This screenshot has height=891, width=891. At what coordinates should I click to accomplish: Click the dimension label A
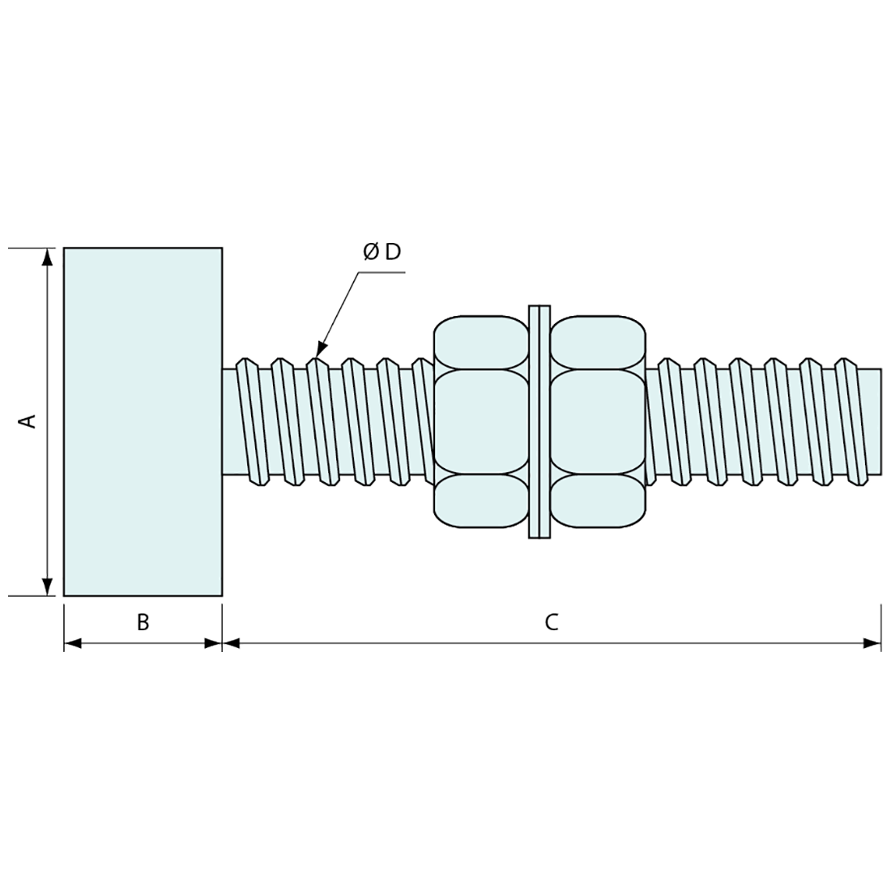28,421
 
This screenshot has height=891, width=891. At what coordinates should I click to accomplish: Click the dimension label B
143,622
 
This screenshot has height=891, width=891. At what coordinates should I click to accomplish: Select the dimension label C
551,622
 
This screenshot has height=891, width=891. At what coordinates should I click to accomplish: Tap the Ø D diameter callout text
382,252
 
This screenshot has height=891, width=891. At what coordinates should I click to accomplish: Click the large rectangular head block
143,421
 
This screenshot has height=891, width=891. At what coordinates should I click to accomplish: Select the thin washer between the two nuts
539,421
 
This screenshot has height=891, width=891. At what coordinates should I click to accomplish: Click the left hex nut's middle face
480,421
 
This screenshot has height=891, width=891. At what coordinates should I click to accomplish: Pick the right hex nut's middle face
598,421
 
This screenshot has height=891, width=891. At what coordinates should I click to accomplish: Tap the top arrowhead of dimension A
48,256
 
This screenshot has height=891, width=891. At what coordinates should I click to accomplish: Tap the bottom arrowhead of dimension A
48,587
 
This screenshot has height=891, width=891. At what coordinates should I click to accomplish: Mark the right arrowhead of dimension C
872,644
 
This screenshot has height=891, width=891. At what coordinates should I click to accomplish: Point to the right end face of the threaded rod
880,421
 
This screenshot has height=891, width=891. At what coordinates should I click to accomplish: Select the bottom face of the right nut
598,501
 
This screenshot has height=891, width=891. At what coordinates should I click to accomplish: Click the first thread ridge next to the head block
249,421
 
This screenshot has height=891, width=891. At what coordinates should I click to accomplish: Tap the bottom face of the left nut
480,501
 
